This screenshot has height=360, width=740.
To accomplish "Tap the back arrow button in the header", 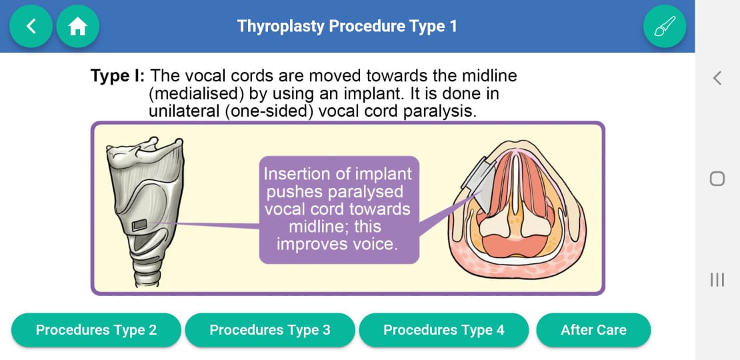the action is [31, 27].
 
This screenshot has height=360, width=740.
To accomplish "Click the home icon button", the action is [78, 27].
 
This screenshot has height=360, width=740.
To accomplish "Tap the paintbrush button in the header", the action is [665, 27].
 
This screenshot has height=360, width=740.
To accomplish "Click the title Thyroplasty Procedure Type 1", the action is [347, 26].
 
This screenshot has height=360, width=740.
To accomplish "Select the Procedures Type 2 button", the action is [96, 330].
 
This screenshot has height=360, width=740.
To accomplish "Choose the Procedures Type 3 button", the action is [270, 330].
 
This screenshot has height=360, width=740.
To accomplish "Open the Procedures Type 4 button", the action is [443, 330].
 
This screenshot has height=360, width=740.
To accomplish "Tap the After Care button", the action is [593, 330].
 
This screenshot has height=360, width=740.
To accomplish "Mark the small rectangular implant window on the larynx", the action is [139, 225].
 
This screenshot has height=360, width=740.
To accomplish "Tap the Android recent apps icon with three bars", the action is [717, 279].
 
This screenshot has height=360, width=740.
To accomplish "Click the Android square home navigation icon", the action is [717, 179].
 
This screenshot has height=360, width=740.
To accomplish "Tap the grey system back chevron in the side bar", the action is [717, 78].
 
